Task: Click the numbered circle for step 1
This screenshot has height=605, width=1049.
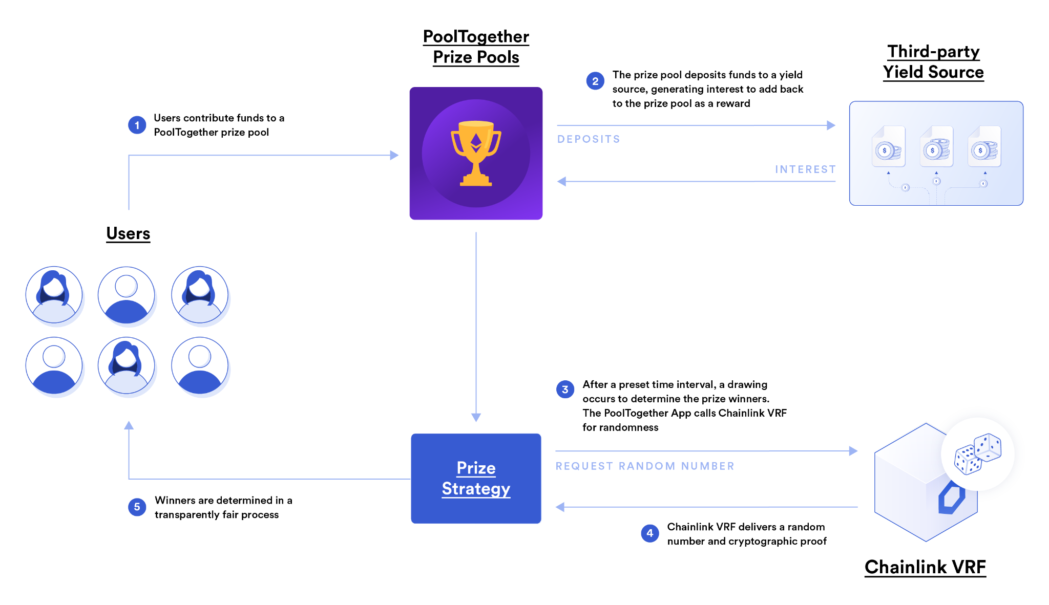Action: [x=137, y=125]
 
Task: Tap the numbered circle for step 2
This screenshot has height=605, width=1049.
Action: [x=595, y=81]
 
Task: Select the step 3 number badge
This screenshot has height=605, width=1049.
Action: [x=565, y=390]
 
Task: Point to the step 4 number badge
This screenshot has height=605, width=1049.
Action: [x=650, y=533]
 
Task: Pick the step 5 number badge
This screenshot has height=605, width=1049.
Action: [x=137, y=507]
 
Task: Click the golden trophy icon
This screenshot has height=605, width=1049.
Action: [x=476, y=153]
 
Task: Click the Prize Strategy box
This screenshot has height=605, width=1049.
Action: [x=476, y=479]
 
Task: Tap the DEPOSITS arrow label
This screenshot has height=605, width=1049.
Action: [x=589, y=139]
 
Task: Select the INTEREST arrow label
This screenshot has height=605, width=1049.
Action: [x=805, y=169]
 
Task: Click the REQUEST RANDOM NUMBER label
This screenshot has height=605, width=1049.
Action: [x=645, y=466]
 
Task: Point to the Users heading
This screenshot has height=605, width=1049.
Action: [x=128, y=233]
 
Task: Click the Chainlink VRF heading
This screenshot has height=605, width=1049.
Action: [x=925, y=567]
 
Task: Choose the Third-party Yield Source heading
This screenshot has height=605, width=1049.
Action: [x=933, y=62]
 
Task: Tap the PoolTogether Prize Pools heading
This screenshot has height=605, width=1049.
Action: [x=476, y=47]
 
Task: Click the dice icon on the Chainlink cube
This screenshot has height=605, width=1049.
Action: [x=977, y=453]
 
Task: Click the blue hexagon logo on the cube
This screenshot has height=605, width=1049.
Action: [x=952, y=498]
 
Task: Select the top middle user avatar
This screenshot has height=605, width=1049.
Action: [x=127, y=295]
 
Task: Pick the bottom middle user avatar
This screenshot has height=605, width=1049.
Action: [x=127, y=365]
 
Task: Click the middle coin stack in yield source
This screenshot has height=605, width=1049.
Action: [x=936, y=149]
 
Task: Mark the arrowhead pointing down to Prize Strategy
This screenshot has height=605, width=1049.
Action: [x=476, y=417]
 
